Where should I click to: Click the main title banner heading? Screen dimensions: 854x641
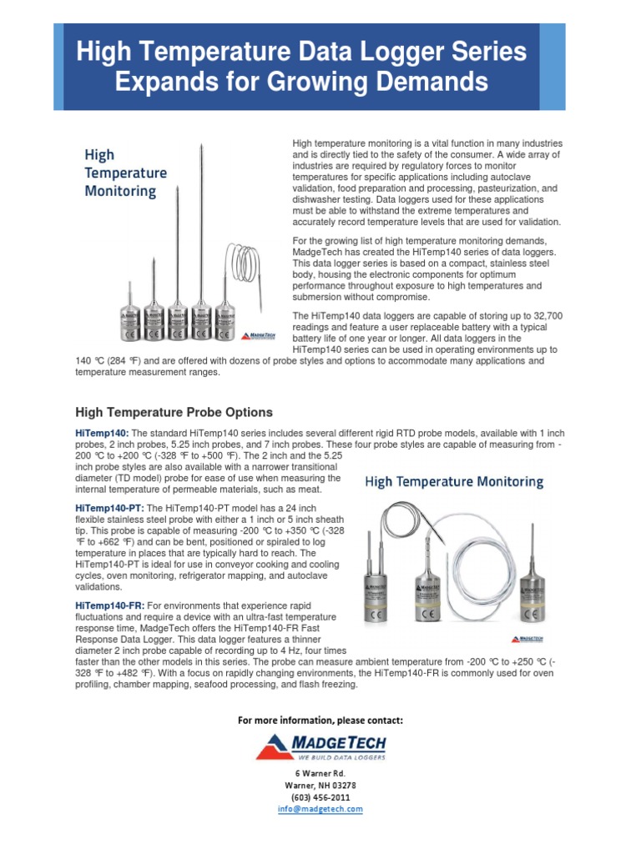click(x=301, y=68)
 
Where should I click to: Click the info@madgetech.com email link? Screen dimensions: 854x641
click(x=320, y=808)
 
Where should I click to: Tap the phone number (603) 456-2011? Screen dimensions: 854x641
click(x=320, y=796)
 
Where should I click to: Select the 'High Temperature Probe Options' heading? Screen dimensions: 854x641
click(x=174, y=412)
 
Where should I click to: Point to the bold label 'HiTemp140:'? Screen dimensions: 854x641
click(x=102, y=433)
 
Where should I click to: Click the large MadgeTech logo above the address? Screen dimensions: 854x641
click(x=320, y=746)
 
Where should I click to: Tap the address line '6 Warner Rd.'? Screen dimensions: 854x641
click(x=320, y=773)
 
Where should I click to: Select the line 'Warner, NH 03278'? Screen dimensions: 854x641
click(x=320, y=785)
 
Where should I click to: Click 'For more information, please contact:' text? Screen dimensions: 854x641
click(x=320, y=720)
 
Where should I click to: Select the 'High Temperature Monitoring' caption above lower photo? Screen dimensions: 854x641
click(x=454, y=481)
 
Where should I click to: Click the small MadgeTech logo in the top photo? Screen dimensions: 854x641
click(x=256, y=335)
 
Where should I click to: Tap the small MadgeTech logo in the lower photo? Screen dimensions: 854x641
click(x=528, y=637)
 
